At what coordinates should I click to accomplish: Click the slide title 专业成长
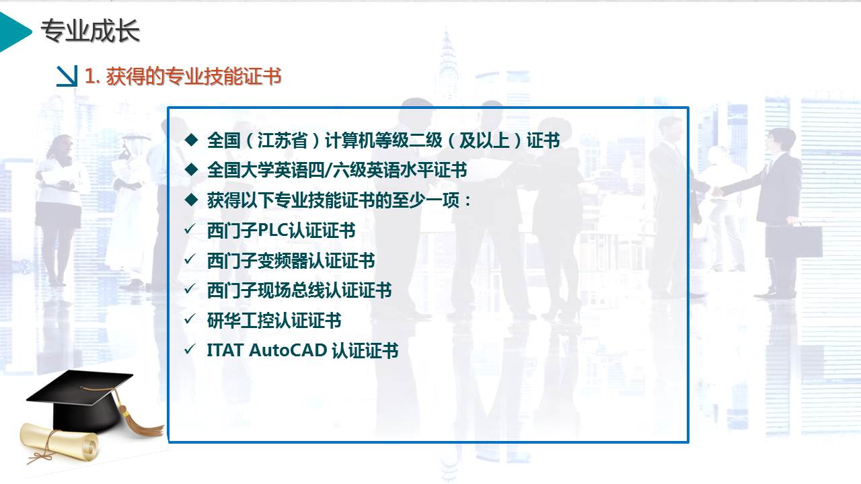[90, 31]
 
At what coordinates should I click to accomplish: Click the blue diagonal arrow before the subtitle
[67, 76]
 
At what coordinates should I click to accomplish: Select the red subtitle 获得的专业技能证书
[194, 76]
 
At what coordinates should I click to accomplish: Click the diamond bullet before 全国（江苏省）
[192, 140]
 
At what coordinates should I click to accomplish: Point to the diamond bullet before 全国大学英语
[192, 169]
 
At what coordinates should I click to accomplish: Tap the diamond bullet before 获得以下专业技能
[192, 200]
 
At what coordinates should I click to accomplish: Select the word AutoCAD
[289, 350]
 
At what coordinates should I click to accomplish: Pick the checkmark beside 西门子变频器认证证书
[190, 259]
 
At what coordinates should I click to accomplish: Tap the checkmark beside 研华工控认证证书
[190, 319]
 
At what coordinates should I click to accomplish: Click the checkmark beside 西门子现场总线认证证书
[190, 289]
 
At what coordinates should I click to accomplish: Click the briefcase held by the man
[794, 242]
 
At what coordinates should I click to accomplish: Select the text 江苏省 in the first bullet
[283, 140]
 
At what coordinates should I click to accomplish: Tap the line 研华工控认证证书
[274, 321]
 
